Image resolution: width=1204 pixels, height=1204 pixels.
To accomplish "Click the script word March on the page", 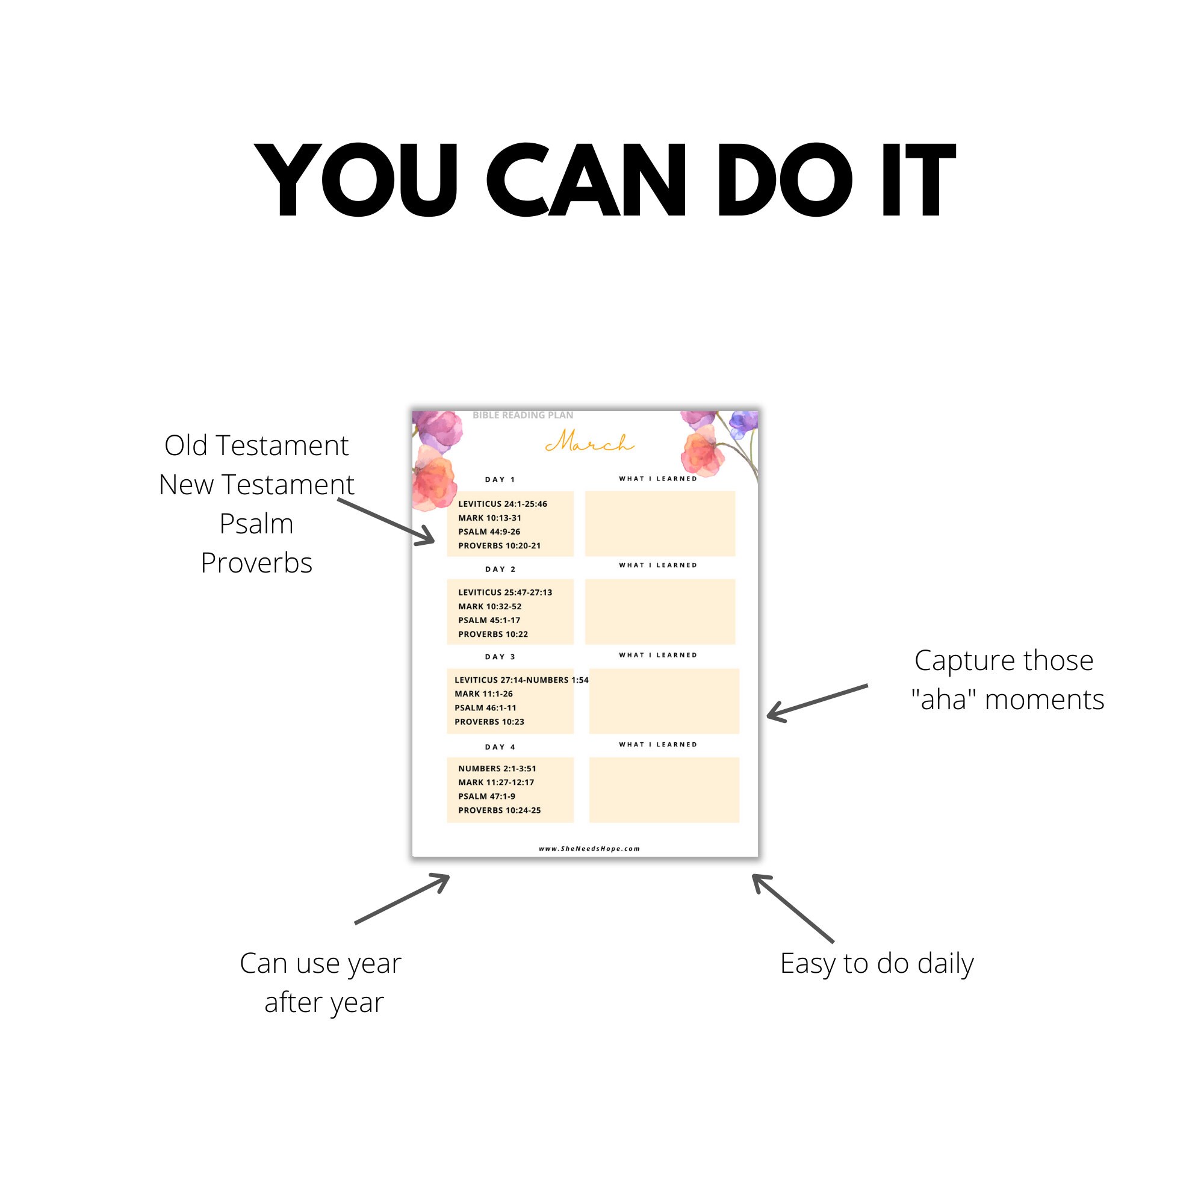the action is click(x=589, y=442).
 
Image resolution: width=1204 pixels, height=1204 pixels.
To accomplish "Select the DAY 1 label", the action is click(x=500, y=479).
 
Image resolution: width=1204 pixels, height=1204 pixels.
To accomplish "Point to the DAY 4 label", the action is click(x=500, y=746).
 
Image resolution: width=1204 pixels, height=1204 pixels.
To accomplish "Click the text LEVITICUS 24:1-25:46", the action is click(x=502, y=503).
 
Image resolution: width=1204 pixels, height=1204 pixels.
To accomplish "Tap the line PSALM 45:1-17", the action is click(x=489, y=620).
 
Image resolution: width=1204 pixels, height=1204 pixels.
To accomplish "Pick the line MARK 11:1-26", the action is click(x=483, y=694).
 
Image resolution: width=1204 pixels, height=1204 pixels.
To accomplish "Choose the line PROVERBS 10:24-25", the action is click(x=499, y=810).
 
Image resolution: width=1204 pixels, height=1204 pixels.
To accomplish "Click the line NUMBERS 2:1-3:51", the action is click(x=497, y=768).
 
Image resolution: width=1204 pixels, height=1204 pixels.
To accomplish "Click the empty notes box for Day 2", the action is click(x=660, y=612).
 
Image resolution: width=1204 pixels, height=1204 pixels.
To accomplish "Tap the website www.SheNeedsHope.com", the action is click(x=589, y=848).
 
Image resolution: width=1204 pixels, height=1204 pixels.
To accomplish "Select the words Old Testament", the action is click(x=256, y=445).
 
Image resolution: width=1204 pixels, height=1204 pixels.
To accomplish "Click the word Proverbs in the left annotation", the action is click(x=256, y=563).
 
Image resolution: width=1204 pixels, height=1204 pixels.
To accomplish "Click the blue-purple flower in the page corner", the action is click(x=743, y=424).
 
